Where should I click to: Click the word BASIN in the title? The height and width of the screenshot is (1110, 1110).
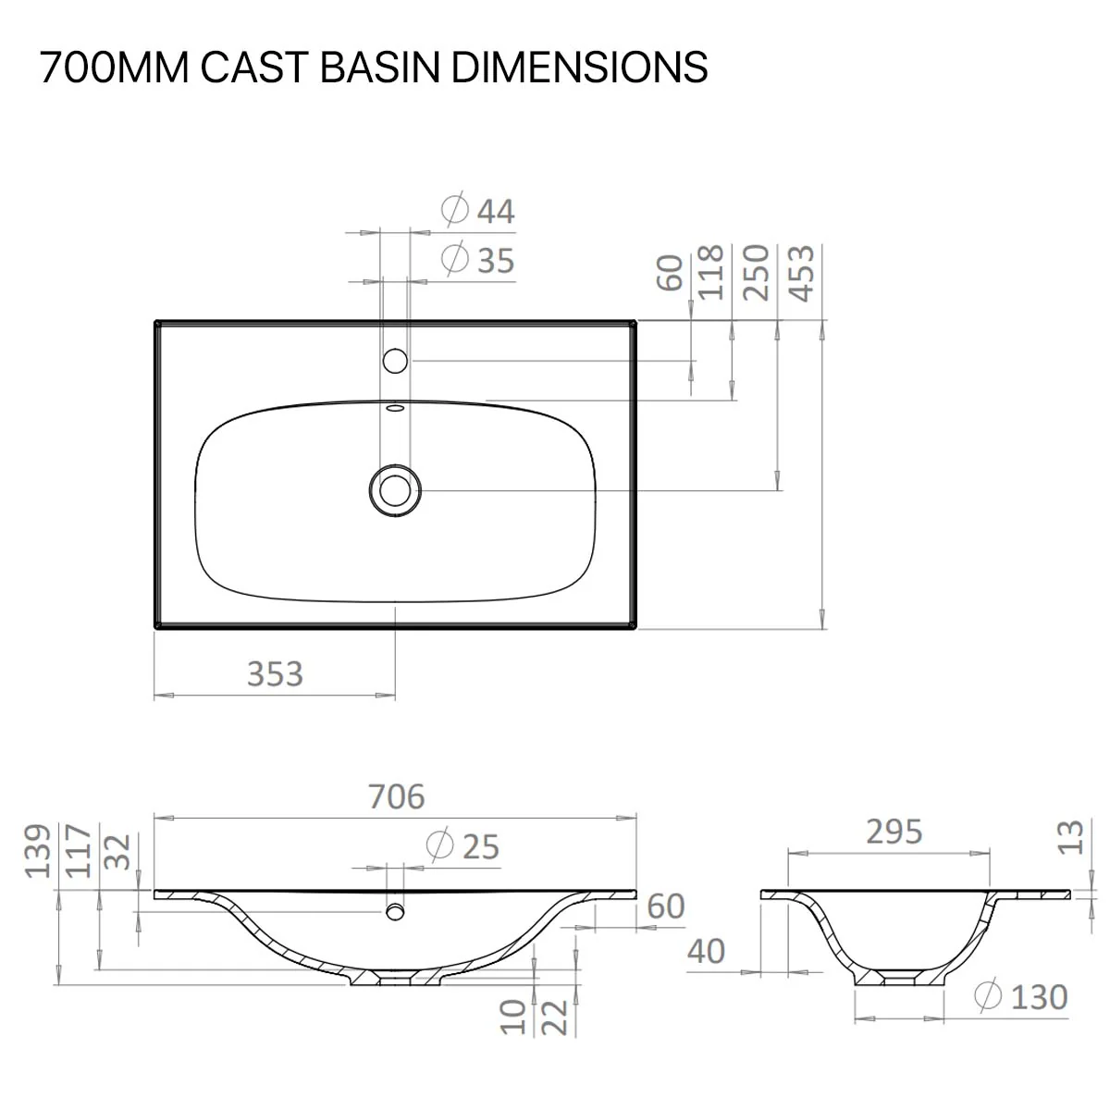tap(379, 68)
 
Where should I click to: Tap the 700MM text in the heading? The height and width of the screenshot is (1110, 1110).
tap(115, 68)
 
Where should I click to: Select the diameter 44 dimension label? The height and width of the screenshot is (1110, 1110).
tap(477, 211)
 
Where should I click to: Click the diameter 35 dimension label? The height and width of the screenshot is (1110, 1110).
tap(477, 260)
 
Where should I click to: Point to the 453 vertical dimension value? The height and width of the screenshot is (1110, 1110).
tap(801, 273)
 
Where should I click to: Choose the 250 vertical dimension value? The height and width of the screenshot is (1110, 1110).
tap(756, 273)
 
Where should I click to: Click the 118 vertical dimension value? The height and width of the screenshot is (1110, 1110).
tap(710, 273)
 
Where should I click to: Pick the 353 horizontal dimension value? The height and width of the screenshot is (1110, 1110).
tap(275, 674)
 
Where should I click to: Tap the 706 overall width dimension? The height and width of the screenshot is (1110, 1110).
tap(396, 796)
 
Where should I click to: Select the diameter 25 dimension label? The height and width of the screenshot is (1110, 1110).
tap(462, 845)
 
